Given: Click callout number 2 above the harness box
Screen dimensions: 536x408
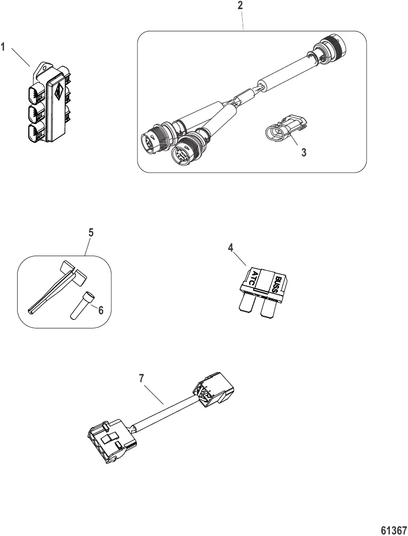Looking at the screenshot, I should [240, 7].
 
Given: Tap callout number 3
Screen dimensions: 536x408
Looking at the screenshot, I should [303, 152].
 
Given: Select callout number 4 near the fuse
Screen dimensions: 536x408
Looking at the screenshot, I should [231, 249].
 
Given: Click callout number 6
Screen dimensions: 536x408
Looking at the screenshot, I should [101, 311].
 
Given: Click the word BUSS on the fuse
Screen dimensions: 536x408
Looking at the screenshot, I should [279, 282].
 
